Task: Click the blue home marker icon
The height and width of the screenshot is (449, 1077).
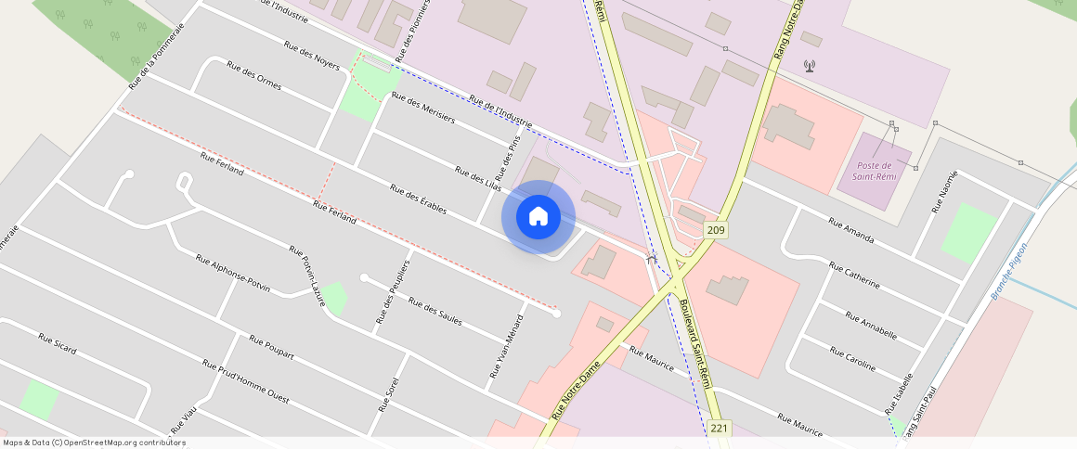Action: pyautogui.click(x=538, y=217)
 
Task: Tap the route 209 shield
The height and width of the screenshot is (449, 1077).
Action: pyautogui.click(x=716, y=230)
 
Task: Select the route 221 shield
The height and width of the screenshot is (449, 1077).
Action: pyautogui.click(x=719, y=428)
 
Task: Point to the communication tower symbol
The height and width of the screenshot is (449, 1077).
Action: pyautogui.click(x=809, y=66)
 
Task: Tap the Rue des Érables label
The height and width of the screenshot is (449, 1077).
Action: pyautogui.click(x=418, y=200)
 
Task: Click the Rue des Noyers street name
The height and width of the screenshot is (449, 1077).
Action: pyautogui.click(x=312, y=58)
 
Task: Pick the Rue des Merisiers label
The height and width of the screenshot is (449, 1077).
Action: pyautogui.click(x=423, y=108)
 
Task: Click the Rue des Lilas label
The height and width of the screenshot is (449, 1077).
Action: pyautogui.click(x=477, y=179)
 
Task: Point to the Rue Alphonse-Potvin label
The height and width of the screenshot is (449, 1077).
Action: pyautogui.click(x=232, y=273)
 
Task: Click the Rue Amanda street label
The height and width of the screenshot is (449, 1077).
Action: pyautogui.click(x=850, y=230)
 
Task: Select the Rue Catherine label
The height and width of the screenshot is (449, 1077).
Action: pyautogui.click(x=853, y=276)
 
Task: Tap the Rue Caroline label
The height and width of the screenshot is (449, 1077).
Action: pyautogui.click(x=852, y=359)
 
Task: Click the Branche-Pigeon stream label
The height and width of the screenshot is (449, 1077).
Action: pyautogui.click(x=1009, y=270)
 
